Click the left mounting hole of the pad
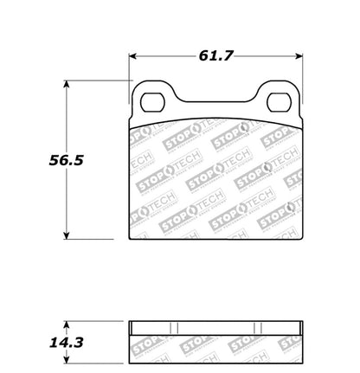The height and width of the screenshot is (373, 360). (152, 100)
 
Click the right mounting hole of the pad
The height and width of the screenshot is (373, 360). (279, 101)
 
